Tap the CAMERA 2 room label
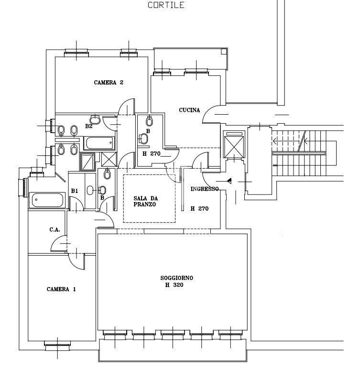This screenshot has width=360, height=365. [109, 83]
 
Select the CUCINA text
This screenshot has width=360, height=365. [189, 110]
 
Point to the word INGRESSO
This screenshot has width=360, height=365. [205, 189]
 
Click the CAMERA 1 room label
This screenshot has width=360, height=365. [61, 289]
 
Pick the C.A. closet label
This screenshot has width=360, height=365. [55, 230]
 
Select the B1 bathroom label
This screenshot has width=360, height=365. [75, 191]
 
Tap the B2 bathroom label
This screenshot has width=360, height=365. [89, 126]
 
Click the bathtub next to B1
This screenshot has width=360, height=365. [47, 200]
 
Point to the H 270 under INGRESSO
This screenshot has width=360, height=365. [199, 209]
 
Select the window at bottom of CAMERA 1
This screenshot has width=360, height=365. [57, 343]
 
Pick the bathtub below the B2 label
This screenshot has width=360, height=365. [99, 142]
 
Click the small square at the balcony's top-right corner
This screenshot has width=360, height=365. [224, 51]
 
